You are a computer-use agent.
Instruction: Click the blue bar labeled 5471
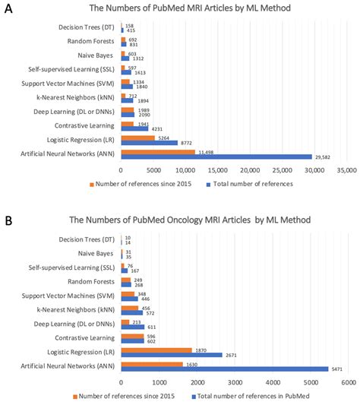pos(225,368)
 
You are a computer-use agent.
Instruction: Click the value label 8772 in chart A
pos(188,143)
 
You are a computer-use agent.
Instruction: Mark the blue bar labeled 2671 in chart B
pos(172,354)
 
